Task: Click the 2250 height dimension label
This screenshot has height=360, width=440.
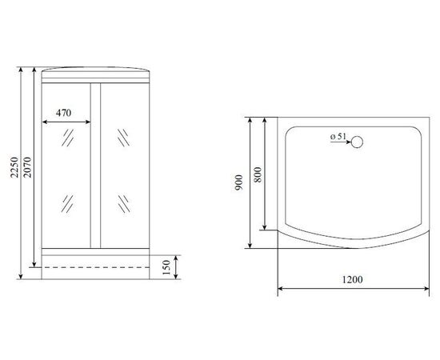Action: pyautogui.click(x=14, y=167)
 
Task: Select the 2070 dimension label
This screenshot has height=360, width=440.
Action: pyautogui.click(x=27, y=167)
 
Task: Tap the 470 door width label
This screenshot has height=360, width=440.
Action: pyautogui.click(x=63, y=113)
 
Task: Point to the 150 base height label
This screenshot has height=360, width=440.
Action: pyautogui.click(x=166, y=267)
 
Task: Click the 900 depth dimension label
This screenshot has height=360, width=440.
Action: pyautogui.click(x=239, y=182)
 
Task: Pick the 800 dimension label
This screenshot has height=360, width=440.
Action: pyautogui.click(x=258, y=175)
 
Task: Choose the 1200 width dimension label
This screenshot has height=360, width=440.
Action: pyautogui.click(x=352, y=279)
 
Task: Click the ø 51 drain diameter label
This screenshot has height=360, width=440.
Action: pyautogui.click(x=338, y=137)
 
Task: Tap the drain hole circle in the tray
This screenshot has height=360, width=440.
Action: pyautogui.click(x=358, y=142)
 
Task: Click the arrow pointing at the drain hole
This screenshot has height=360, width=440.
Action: pyautogui.click(x=340, y=142)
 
